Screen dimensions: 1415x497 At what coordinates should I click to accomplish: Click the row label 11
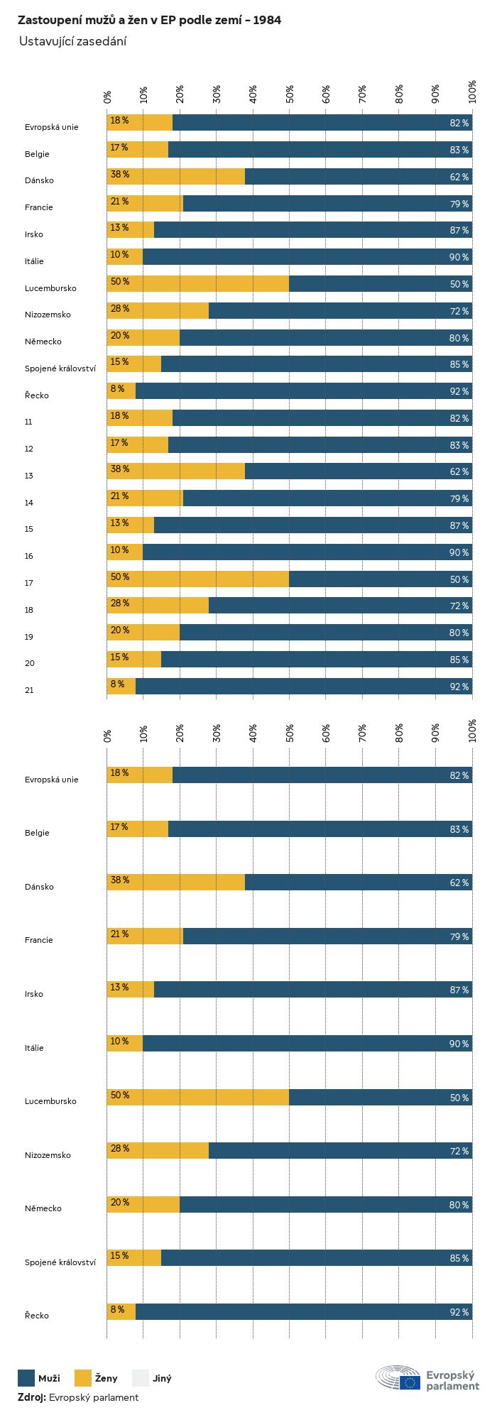(x=28, y=422)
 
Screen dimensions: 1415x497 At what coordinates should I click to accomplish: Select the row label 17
(x=28, y=583)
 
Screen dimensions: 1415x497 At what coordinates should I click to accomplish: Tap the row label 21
(x=28, y=690)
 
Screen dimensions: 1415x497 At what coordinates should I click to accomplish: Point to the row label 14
(x=28, y=503)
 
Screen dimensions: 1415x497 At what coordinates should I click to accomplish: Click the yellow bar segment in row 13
(x=176, y=471)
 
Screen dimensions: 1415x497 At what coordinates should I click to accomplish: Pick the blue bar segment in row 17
(x=381, y=579)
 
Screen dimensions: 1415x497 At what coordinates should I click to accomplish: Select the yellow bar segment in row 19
(x=143, y=633)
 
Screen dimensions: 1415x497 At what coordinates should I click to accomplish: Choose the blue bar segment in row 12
(x=320, y=445)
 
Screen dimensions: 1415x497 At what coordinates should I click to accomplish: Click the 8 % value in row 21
(x=117, y=684)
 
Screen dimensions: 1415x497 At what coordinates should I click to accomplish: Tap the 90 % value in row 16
(x=459, y=552)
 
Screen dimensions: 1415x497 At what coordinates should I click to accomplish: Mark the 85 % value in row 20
(x=459, y=660)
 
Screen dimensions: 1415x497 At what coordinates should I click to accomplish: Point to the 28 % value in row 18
(x=119, y=603)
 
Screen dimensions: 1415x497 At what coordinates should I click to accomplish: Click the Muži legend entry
(x=39, y=1378)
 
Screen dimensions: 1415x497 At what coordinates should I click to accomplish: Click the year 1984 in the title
(x=266, y=21)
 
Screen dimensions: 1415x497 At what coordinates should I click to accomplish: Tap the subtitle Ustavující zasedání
(x=72, y=41)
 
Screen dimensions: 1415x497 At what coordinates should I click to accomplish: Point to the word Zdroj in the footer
(x=32, y=1397)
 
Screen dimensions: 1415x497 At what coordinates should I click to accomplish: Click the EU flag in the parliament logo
(x=410, y=1382)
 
